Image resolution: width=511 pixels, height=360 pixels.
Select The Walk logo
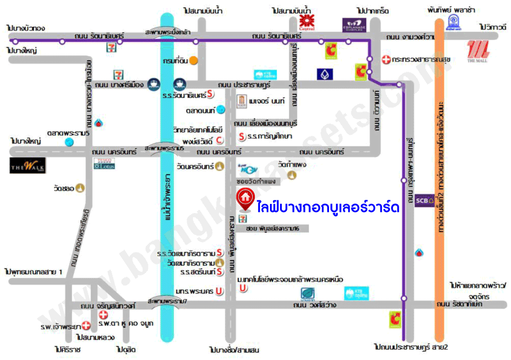tap(28, 165)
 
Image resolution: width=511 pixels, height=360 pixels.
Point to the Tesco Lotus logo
tap(105, 163)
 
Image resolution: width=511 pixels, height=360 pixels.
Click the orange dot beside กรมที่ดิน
tap(193, 61)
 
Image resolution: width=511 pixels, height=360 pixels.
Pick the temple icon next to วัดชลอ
tap(80, 188)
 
